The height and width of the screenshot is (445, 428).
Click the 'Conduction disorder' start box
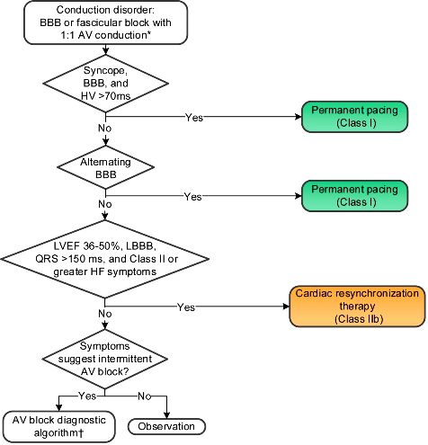[106, 22]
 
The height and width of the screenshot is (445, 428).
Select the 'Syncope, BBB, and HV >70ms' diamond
[106, 84]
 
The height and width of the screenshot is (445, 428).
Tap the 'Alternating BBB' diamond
[106, 167]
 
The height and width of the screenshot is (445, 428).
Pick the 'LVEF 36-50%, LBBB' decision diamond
[105, 259]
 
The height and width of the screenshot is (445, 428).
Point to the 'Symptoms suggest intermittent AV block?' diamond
[105, 359]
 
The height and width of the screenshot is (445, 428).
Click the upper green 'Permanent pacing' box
[354, 117]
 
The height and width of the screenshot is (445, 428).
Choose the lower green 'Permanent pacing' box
[354, 196]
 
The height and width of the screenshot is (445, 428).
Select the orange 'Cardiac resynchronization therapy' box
[357, 306]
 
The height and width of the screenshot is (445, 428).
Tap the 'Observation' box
[166, 426]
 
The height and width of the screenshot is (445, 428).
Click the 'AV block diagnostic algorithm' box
[59, 427]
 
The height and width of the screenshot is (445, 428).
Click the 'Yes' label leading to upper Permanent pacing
[194, 118]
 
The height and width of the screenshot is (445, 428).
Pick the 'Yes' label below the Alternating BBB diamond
[192, 197]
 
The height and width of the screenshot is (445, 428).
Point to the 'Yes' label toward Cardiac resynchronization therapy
[186, 307]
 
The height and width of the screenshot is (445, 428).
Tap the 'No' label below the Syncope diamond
[105, 128]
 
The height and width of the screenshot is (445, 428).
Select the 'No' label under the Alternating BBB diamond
[105, 204]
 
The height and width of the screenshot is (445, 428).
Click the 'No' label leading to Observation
[144, 396]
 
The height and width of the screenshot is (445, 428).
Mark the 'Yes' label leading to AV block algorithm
[87, 396]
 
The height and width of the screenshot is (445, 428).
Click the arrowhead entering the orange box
[286, 307]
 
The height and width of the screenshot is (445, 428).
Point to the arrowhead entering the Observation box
[166, 415]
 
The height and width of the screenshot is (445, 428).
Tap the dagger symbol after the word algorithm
[81, 433]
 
